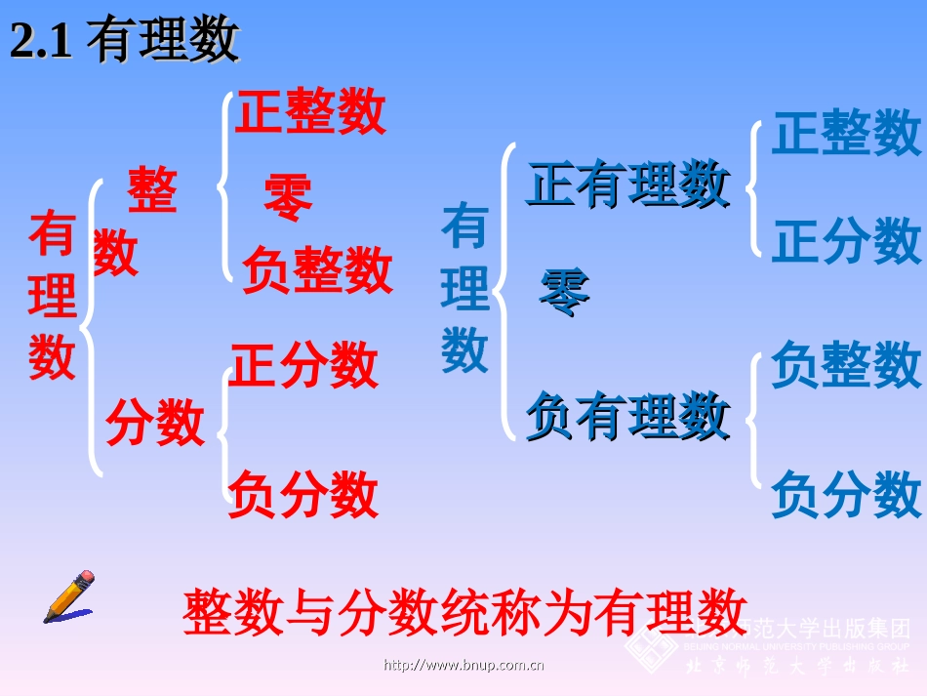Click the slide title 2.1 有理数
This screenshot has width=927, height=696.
[124, 42]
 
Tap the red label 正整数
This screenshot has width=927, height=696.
[310, 113]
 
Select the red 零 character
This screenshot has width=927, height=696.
[288, 199]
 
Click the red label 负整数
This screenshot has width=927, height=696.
[316, 270]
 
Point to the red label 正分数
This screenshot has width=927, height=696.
[302, 366]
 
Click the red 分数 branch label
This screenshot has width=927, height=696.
[155, 423]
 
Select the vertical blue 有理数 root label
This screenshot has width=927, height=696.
[464, 289]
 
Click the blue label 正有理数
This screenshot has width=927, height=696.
[627, 184]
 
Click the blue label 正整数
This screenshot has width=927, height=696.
[846, 133]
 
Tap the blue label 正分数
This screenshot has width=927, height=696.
[846, 240]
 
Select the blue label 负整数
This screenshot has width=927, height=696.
[846, 365]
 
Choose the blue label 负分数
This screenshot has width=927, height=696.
[846, 494]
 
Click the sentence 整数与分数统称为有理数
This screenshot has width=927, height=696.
[464, 612]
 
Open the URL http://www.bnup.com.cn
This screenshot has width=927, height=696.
[463, 666]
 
